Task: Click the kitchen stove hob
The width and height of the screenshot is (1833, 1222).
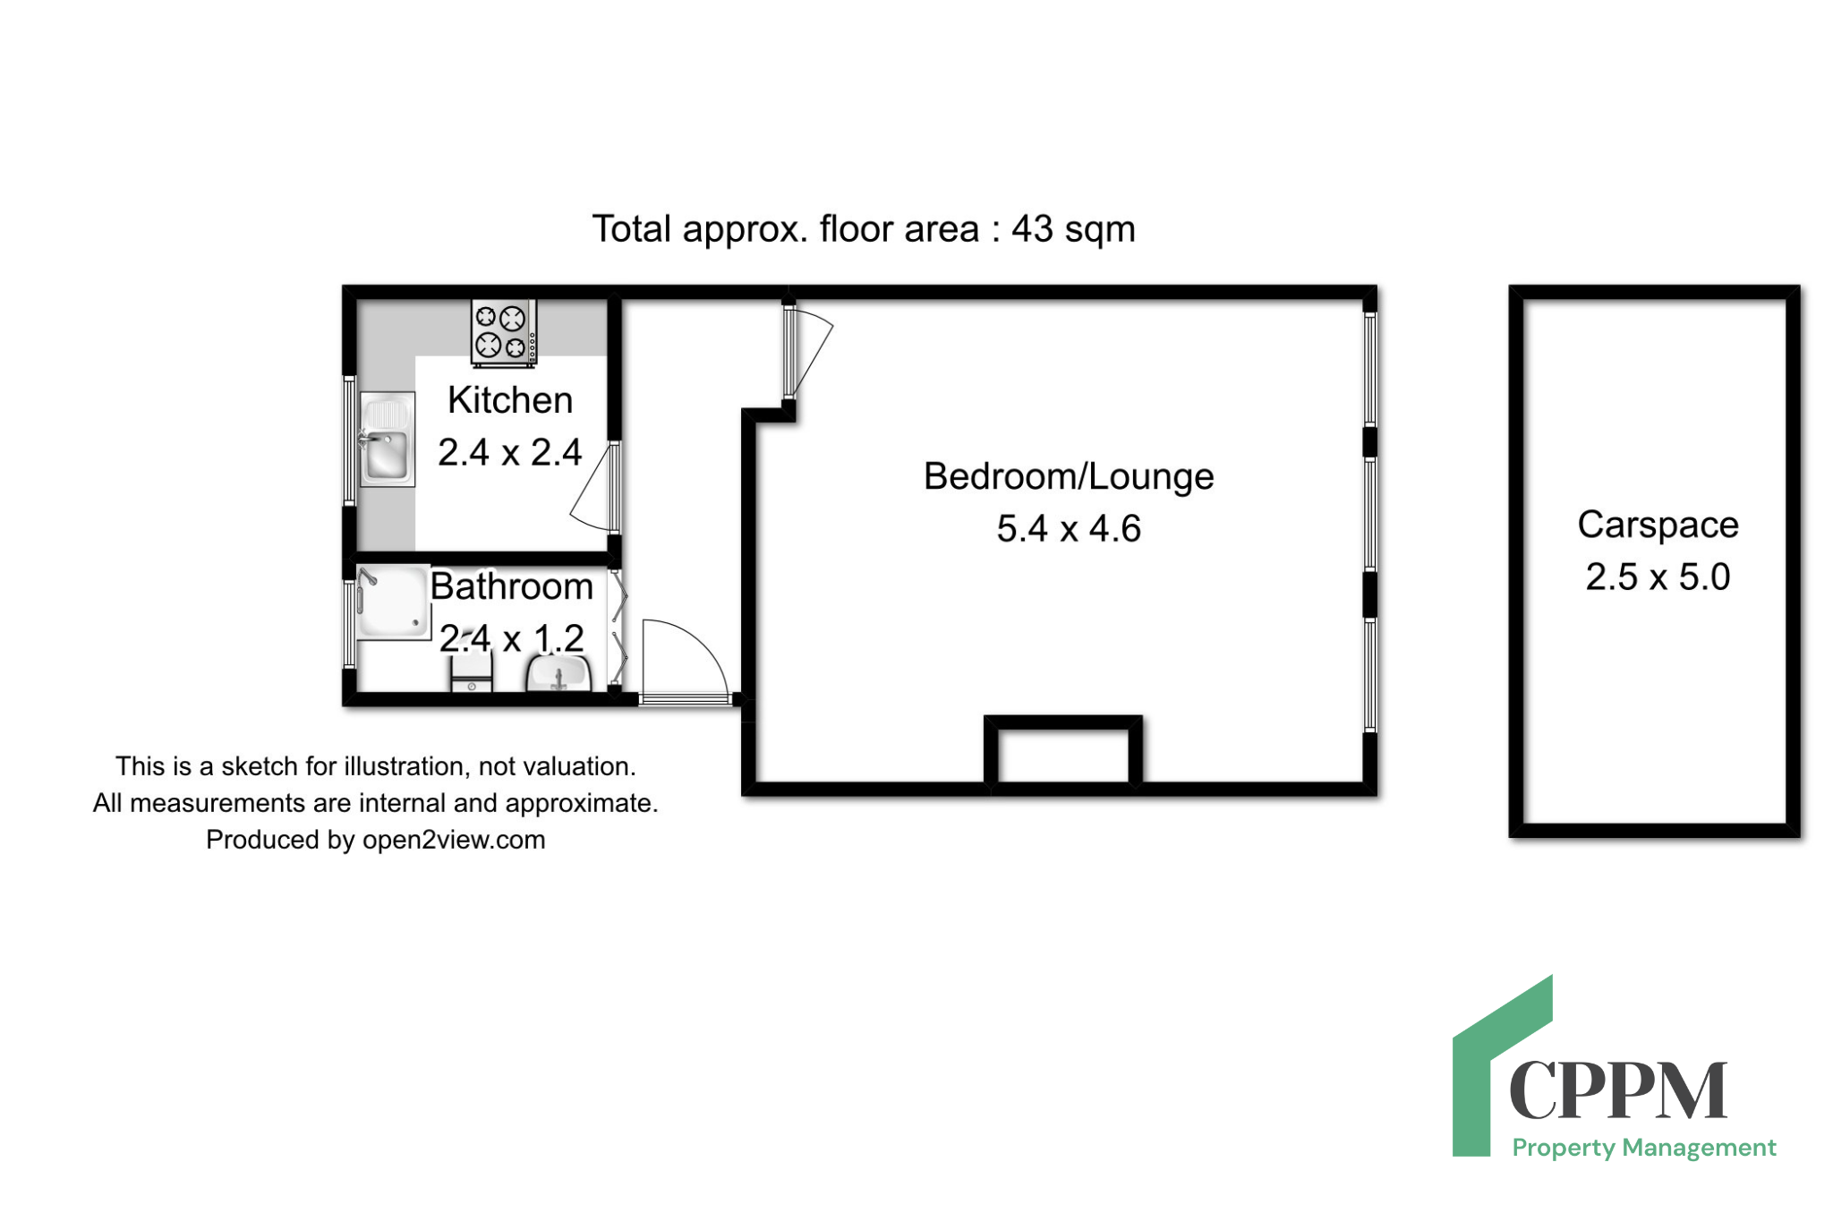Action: click(x=504, y=333)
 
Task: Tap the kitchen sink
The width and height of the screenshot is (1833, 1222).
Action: click(x=387, y=439)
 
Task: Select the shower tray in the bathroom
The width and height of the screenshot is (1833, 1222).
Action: click(x=392, y=602)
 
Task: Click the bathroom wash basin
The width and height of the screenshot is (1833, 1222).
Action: click(x=558, y=673)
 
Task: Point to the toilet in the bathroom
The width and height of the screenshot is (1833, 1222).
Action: click(x=472, y=671)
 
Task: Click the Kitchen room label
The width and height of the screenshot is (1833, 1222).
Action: click(x=510, y=400)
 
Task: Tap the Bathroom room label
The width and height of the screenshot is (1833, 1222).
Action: click(x=512, y=586)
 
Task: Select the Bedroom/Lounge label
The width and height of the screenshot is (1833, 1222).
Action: click(x=1069, y=477)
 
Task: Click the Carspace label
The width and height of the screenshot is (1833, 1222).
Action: click(x=1658, y=526)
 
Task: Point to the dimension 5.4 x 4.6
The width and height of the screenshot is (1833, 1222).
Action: click(x=1069, y=529)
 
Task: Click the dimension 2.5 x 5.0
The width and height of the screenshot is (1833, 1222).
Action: click(x=1658, y=577)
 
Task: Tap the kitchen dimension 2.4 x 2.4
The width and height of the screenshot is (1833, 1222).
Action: click(x=510, y=453)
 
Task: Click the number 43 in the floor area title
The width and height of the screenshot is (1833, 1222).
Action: click(x=1032, y=229)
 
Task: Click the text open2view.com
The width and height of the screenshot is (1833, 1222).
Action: click(x=454, y=840)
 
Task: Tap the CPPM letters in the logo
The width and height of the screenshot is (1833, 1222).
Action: click(x=1618, y=1090)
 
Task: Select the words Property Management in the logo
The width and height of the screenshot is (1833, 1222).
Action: click(x=1644, y=1148)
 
